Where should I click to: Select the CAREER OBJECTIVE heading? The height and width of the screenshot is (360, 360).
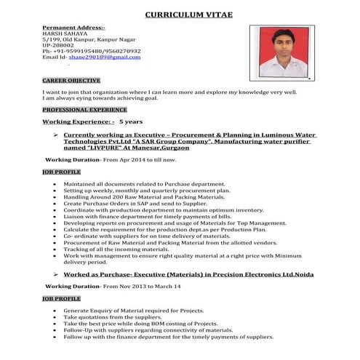point(71,80)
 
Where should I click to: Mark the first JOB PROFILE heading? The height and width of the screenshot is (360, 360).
point(62,172)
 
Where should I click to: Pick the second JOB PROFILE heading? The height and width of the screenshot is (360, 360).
point(62,298)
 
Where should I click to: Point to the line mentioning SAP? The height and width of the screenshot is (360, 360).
point(120,204)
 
